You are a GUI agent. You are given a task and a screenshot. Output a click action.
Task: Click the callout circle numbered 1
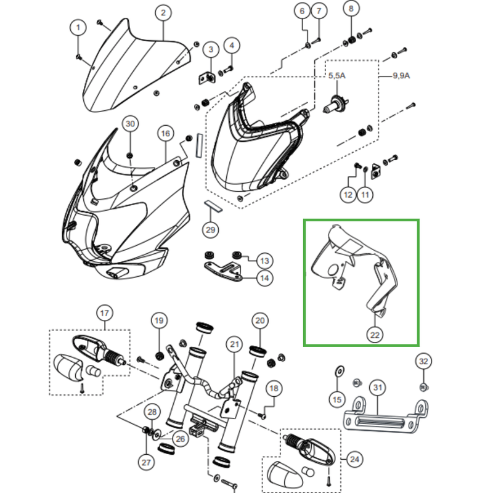pyautogui.click(x=78, y=27)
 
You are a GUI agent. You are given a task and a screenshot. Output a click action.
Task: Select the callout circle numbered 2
pyautogui.click(x=163, y=12)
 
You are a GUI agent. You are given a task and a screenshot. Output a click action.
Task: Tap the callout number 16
pyautogui.click(x=165, y=133)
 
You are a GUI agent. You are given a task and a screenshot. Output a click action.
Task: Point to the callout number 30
pyautogui.click(x=130, y=124)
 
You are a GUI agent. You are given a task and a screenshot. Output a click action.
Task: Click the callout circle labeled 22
pyautogui.click(x=375, y=335)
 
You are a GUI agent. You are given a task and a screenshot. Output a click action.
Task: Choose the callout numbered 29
pyautogui.click(x=211, y=230)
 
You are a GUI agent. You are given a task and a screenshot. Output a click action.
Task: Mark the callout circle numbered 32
pyautogui.click(x=423, y=361)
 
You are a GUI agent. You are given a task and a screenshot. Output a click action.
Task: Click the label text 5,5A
pyautogui.click(x=337, y=75)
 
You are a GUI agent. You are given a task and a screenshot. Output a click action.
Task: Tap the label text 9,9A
pyautogui.click(x=401, y=76)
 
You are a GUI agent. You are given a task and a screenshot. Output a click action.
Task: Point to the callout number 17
pyautogui.click(x=104, y=313)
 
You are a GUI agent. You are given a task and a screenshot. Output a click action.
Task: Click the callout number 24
pyautogui.click(x=354, y=459)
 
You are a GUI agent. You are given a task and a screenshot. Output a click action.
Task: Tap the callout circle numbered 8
pyautogui.click(x=351, y=10)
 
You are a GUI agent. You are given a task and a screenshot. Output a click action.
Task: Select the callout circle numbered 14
pyautogui.click(x=264, y=278)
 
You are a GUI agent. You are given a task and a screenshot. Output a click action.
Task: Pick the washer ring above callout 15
pyautogui.click(x=338, y=371)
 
